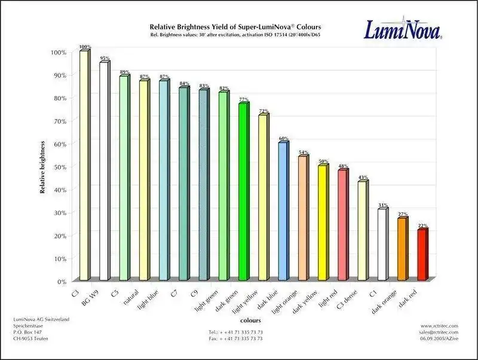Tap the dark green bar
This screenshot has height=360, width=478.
click(x=243, y=192)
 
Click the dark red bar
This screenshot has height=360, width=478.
click(x=422, y=255)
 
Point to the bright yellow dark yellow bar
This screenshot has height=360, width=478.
click(x=322, y=222)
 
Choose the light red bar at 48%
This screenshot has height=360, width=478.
click(x=342, y=225)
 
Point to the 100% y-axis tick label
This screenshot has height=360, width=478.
click(x=59, y=53)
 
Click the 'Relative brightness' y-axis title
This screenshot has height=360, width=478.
click(x=43, y=167)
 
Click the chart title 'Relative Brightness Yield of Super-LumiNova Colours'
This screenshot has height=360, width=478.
click(x=235, y=28)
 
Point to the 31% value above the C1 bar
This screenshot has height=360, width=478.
click(x=382, y=204)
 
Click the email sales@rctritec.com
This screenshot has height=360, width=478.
click(x=439, y=332)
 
